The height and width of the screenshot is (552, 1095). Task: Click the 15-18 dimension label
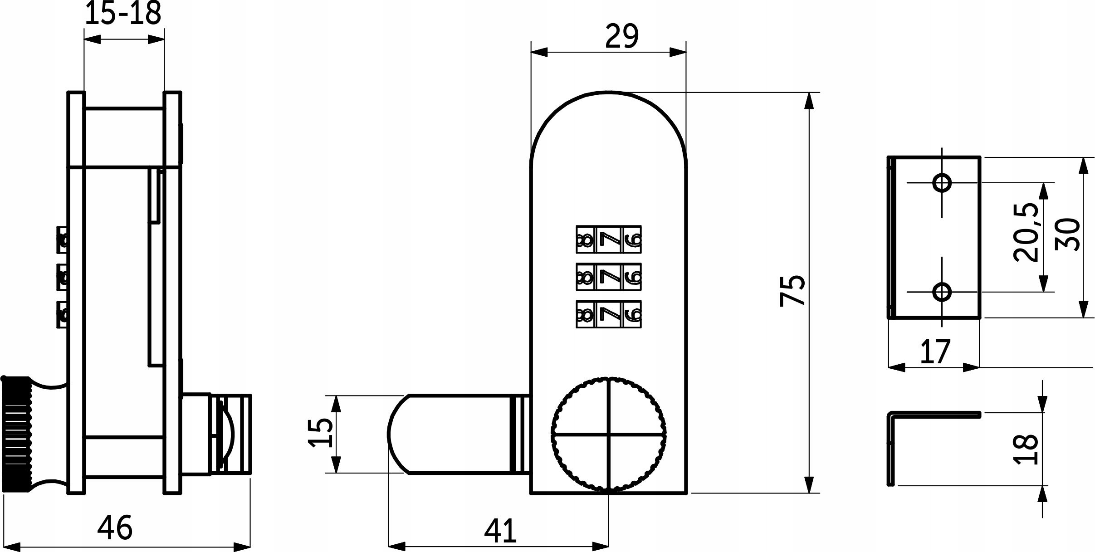point(123,14)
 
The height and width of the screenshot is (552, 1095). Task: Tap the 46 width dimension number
point(115,527)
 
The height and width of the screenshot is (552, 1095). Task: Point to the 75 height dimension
point(792,290)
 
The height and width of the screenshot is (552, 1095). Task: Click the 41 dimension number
point(500,531)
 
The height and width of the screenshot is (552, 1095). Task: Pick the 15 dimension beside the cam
point(321,433)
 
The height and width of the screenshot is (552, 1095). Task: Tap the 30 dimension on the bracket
point(1067,234)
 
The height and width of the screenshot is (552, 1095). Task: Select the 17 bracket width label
point(934,351)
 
